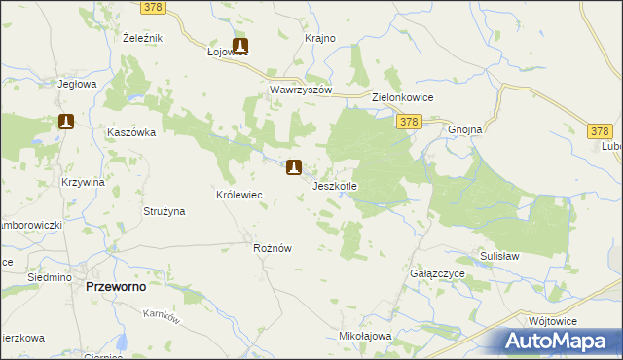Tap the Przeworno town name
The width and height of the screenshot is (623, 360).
[x=118, y=288]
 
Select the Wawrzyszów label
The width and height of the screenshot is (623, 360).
[x=301, y=90]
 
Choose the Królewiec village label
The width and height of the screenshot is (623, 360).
[x=239, y=195]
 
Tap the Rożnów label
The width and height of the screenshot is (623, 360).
[x=273, y=248]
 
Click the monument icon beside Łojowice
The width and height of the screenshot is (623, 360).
[x=240, y=45]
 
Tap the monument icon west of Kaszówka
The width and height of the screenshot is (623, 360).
[x=66, y=122]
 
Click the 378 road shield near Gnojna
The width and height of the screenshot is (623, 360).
[x=409, y=121]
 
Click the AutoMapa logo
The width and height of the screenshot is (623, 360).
[x=559, y=342]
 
